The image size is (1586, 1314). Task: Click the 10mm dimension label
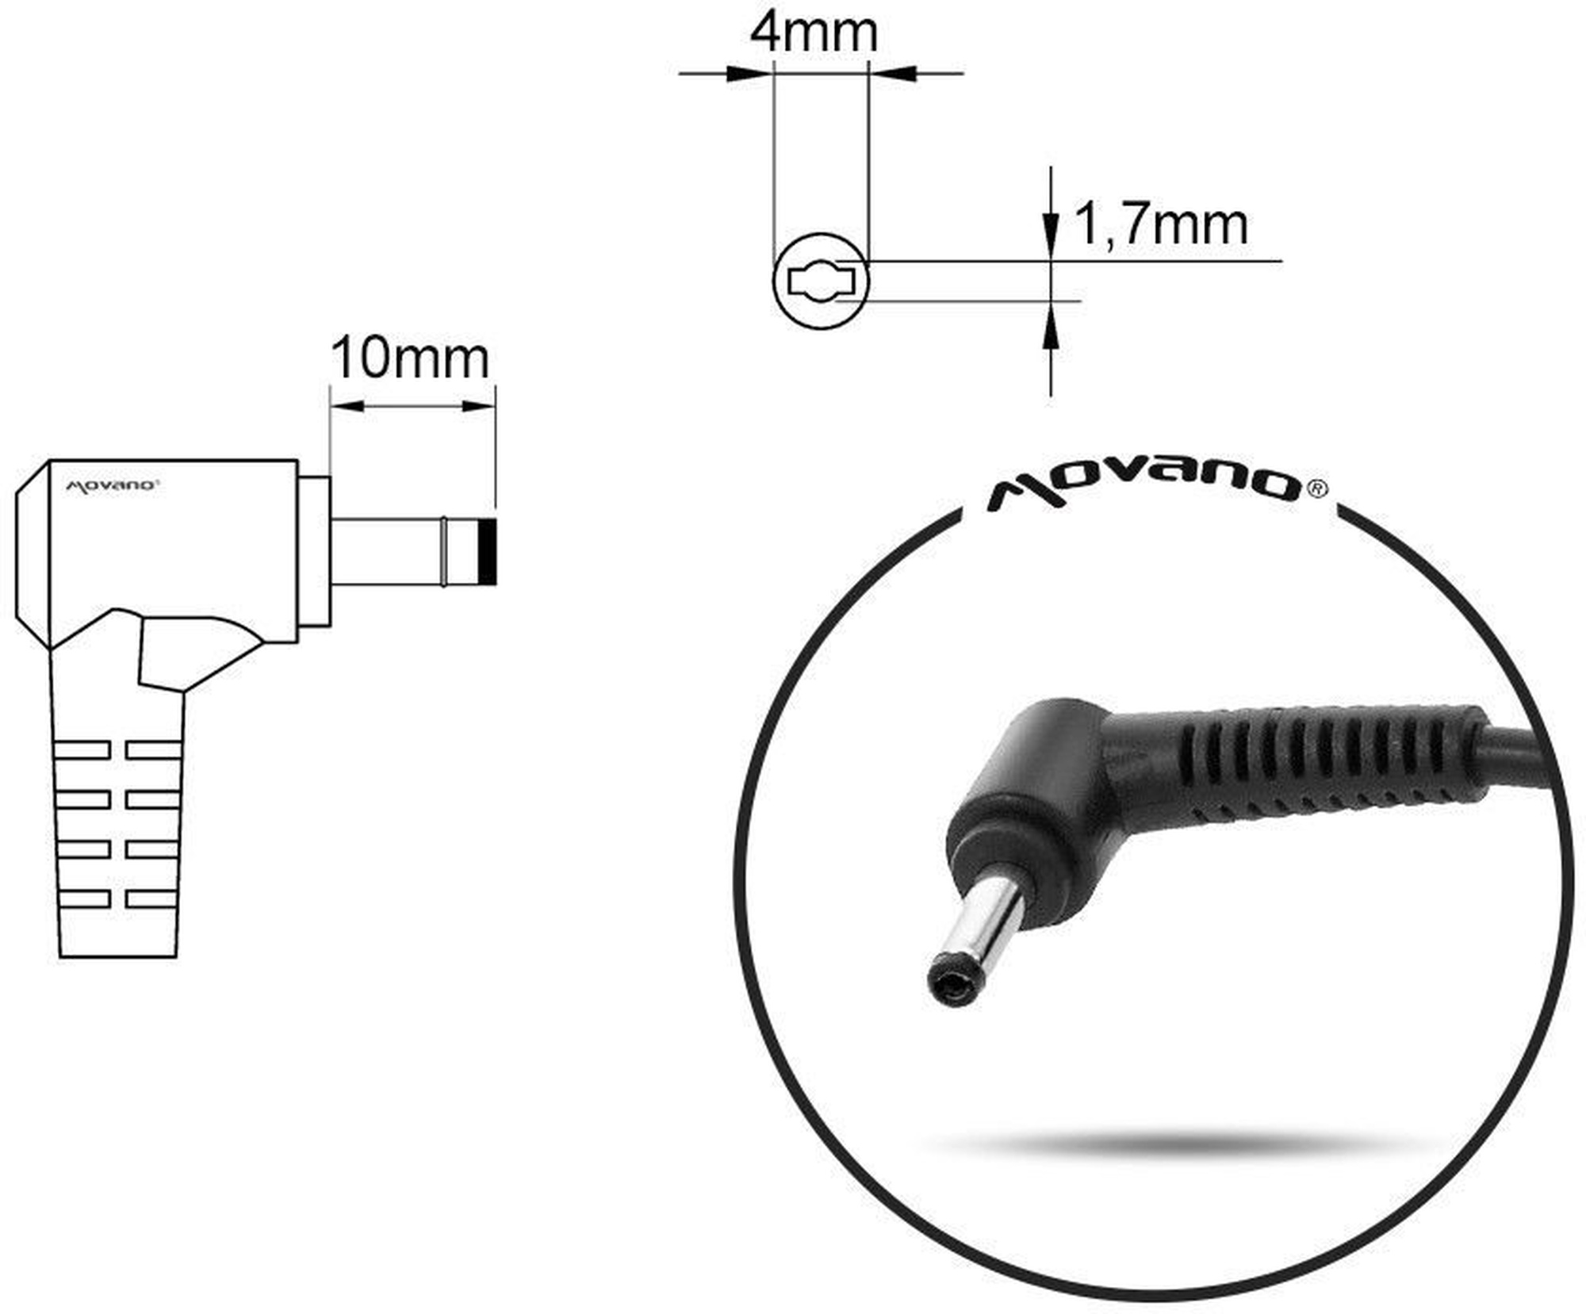409,358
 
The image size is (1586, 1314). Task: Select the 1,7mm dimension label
1161,225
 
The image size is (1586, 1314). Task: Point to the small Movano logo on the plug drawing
111,485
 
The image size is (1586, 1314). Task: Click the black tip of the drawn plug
488,552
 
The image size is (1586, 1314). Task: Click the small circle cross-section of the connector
821,281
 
